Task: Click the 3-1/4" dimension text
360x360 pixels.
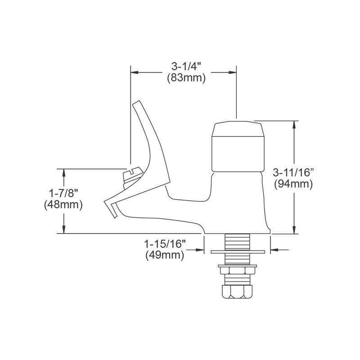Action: [x=186, y=67]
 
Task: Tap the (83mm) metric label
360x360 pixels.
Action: [x=186, y=78]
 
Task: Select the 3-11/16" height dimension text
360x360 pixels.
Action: [x=293, y=172]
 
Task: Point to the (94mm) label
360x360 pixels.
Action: [x=293, y=184]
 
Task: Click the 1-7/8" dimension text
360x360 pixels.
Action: [x=63, y=193]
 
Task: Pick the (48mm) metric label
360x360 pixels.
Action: [x=63, y=205]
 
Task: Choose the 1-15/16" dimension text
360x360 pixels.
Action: [x=165, y=244]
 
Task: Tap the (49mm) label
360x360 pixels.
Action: [x=165, y=255]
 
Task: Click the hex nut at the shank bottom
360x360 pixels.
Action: [x=237, y=292]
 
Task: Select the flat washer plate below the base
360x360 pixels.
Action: [x=238, y=252]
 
